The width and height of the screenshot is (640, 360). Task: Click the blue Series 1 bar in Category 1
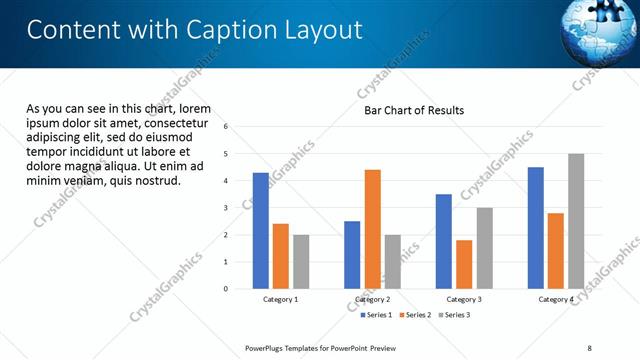[261, 231]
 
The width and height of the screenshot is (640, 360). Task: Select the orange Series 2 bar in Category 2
[372, 229]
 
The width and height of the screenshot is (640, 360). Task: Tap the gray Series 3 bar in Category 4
[576, 221]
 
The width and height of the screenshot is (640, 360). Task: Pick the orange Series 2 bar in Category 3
[464, 264]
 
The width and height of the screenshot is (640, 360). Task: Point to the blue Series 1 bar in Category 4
[536, 228]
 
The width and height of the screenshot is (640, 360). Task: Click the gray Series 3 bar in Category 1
[301, 262]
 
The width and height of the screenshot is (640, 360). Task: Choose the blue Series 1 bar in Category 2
[352, 255]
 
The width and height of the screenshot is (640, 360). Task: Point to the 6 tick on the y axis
[227, 127]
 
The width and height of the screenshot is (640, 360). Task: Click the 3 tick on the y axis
[227, 208]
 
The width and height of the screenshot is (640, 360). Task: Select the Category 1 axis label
[281, 299]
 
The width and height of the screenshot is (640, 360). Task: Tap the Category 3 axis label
[464, 299]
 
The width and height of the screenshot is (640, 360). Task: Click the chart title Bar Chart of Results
[413, 110]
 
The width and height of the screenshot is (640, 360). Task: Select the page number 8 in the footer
[589, 348]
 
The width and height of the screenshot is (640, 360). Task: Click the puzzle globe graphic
[605, 30]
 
